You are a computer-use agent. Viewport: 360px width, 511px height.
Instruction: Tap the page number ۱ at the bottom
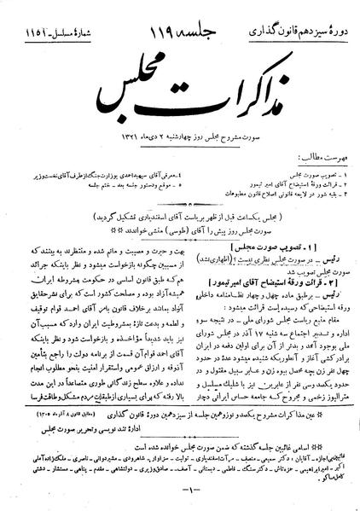[181, 487]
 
